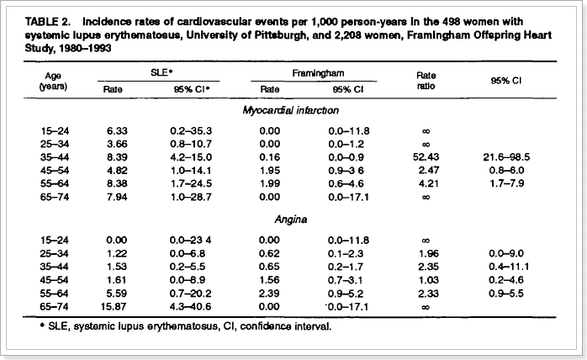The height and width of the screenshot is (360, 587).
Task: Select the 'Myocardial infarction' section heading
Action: [x=292, y=110]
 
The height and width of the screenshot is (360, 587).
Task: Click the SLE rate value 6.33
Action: [x=114, y=130]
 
